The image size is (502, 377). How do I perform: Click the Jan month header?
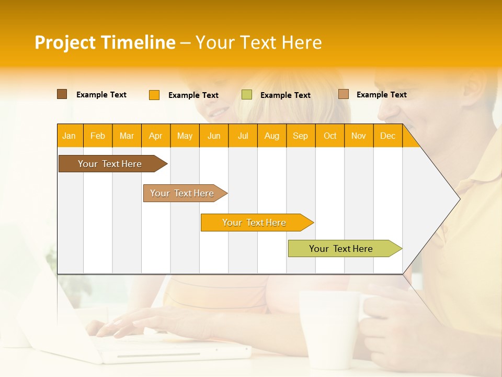[x=70, y=136]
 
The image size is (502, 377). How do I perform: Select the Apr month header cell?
[x=156, y=136]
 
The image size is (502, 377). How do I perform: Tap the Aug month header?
[x=271, y=136]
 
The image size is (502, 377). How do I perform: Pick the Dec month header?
[x=387, y=136]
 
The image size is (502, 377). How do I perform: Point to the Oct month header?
[x=329, y=136]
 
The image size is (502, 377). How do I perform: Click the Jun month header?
[x=214, y=136]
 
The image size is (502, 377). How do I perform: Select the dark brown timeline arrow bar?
[x=110, y=164]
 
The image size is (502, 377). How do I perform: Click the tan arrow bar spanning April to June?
[x=182, y=193]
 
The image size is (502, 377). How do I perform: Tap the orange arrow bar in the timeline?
[x=254, y=223]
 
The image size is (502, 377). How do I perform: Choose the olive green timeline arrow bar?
[x=341, y=249]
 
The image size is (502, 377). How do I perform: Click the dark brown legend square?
[x=62, y=94]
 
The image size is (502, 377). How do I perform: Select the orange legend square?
[x=154, y=95]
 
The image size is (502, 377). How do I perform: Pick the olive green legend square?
[x=247, y=95]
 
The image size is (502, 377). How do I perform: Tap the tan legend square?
[x=344, y=94]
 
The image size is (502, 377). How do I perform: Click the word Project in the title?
[x=65, y=42]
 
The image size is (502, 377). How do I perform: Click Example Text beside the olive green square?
[x=285, y=95]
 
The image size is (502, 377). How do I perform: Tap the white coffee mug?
[x=327, y=327]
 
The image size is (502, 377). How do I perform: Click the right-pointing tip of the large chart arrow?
[x=458, y=198]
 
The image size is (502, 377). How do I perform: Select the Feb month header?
[x=98, y=136]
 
